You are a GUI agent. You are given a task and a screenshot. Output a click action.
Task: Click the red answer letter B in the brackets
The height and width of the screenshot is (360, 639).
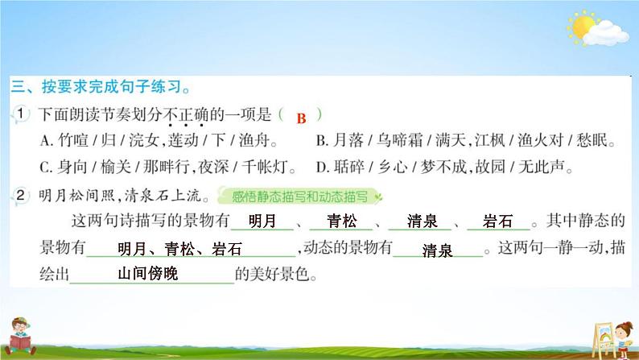click(x=301, y=118)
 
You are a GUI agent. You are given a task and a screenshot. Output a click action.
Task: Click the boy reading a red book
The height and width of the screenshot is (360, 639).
click(x=19, y=337)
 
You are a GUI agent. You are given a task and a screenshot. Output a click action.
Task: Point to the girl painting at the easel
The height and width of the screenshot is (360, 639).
click(x=622, y=339)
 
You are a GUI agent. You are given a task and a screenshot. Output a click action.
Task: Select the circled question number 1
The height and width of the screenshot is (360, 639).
click(x=21, y=114)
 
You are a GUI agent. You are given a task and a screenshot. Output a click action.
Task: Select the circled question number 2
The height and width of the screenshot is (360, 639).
click(x=21, y=195)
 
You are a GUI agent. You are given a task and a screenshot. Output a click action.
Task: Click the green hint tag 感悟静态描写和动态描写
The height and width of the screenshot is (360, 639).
click(x=299, y=197)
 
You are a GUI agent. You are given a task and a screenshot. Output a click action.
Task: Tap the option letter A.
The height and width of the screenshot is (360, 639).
click(x=45, y=141)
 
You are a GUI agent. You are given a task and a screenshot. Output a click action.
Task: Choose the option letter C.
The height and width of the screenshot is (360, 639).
click(x=45, y=168)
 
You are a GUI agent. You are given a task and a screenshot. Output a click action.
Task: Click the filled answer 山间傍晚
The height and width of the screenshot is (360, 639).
click(x=148, y=274)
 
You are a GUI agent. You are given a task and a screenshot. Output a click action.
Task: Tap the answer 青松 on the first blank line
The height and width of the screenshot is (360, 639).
click(x=341, y=221)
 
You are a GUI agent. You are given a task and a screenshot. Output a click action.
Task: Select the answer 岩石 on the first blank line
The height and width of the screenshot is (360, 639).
click(x=497, y=221)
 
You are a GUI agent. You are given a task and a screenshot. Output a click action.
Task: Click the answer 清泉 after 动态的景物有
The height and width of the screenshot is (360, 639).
click(x=437, y=250)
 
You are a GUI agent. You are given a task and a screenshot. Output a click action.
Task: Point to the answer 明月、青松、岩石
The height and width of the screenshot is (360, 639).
click(x=179, y=249)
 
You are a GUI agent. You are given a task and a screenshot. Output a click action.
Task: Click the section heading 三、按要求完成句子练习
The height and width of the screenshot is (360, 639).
click(x=101, y=87)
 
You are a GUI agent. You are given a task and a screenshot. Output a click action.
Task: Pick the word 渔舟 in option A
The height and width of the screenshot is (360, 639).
click(x=254, y=141)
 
